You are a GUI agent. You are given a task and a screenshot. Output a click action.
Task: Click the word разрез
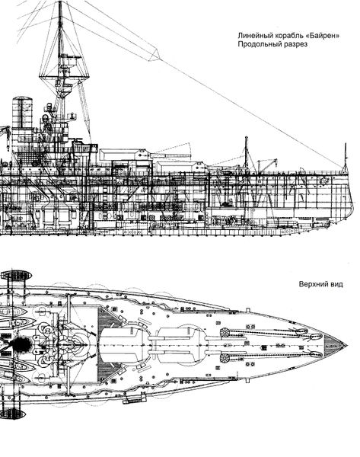(x=295, y=45)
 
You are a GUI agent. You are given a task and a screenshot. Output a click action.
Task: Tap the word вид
(x=337, y=284)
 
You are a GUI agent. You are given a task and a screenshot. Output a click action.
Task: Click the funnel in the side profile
(x=22, y=113)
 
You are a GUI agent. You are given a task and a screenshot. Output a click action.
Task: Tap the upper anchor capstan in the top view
(x=225, y=332)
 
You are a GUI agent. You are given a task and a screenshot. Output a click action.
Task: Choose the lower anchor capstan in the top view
(x=225, y=358)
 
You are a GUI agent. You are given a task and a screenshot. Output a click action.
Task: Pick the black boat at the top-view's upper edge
(x=15, y=275)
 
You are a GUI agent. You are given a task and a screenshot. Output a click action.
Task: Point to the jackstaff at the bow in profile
(x=346, y=158)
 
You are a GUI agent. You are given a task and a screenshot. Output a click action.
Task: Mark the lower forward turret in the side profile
(x=180, y=167)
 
